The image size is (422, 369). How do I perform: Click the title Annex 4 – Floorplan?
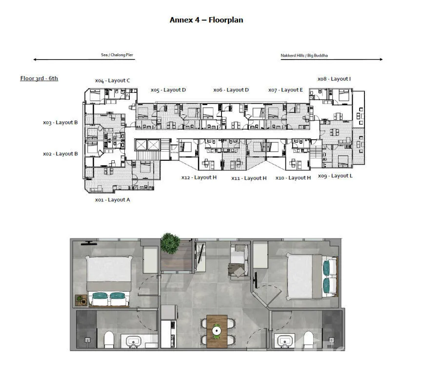(206, 20)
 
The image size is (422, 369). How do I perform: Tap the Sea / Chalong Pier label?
(117, 55)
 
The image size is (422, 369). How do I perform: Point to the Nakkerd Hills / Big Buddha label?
(304, 56)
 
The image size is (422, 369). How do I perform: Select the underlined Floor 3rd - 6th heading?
(39, 78)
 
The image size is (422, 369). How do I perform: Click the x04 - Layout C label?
(113, 81)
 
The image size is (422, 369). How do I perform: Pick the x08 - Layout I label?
(334, 79)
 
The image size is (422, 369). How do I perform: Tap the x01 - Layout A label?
(113, 200)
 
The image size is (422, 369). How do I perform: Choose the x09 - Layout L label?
(335, 176)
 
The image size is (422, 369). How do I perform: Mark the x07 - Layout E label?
(285, 90)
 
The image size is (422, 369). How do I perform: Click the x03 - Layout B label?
(60, 123)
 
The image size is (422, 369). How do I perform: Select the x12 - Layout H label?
(199, 177)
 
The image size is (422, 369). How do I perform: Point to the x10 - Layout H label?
(293, 178)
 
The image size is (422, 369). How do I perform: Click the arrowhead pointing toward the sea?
(35, 60)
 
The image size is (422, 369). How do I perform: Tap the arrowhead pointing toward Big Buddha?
(381, 59)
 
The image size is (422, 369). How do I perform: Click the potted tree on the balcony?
(170, 243)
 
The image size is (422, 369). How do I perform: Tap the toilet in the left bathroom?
(109, 339)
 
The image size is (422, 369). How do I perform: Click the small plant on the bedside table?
(80, 299)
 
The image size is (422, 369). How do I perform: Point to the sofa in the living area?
(239, 260)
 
